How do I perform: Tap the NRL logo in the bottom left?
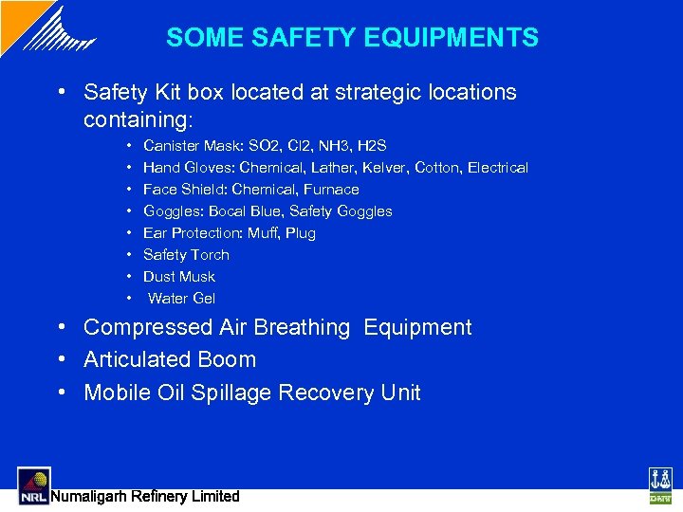tap(34, 485)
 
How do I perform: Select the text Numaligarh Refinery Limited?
tap(145, 496)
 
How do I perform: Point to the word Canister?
tap(171, 146)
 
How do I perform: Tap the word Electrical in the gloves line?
tap(498, 168)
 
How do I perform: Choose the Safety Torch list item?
tap(186, 255)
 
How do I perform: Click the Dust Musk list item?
tap(179, 277)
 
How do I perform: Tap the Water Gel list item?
tap(182, 299)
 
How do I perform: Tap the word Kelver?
tap(385, 168)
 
